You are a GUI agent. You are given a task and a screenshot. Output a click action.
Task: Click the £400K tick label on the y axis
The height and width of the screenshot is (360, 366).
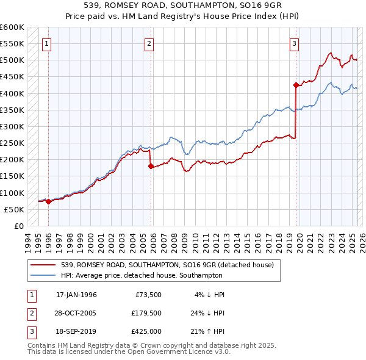coord(12,93)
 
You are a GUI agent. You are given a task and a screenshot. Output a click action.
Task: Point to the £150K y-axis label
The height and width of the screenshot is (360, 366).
coord(12,176)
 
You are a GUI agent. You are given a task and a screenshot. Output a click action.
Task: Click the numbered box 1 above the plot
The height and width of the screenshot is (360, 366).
coord(47,43)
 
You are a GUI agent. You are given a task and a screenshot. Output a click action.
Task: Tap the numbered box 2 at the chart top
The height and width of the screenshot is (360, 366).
coord(149,43)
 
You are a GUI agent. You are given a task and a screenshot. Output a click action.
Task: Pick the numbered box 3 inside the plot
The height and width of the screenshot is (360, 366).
coord(295,43)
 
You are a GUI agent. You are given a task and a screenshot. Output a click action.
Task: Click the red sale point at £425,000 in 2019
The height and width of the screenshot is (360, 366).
coord(296,85)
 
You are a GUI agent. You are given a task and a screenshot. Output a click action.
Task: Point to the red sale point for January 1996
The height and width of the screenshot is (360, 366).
coord(48,201)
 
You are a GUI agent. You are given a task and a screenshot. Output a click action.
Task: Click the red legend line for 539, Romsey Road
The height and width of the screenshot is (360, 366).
coord(43,265)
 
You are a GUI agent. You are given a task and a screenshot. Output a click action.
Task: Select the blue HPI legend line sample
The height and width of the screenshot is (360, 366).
coord(43,275)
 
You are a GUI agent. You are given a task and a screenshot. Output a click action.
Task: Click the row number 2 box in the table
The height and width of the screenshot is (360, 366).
coord(30,314)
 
